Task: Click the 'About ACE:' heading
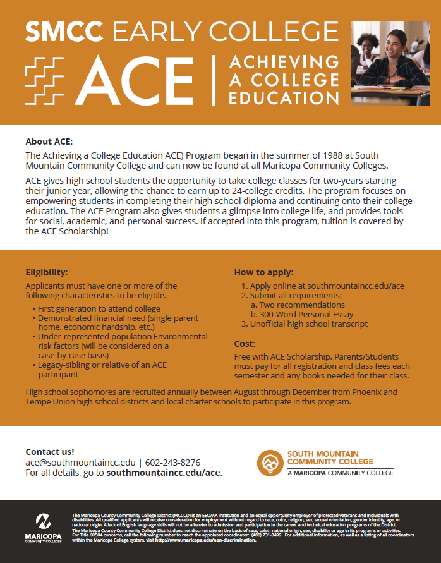(x=49, y=142)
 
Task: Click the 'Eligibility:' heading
(x=46, y=272)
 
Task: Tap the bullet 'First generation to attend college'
(x=99, y=308)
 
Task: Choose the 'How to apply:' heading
(x=263, y=272)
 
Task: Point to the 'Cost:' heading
(x=245, y=344)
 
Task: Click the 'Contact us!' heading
(x=50, y=452)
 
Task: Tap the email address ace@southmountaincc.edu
(x=80, y=462)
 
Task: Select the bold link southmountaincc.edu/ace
(x=164, y=472)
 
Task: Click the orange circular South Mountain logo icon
(x=270, y=463)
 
